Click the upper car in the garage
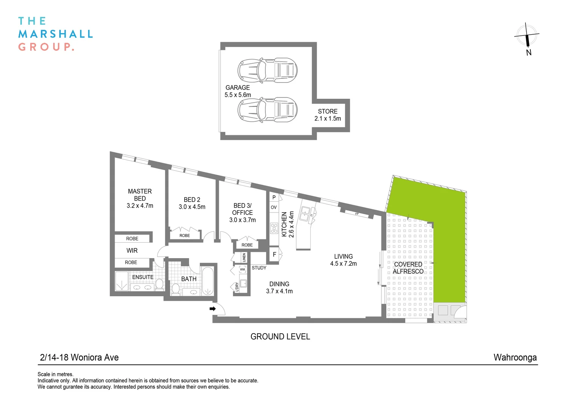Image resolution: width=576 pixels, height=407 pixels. pyautogui.click(x=267, y=70)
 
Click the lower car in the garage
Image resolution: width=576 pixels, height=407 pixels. pyautogui.click(x=267, y=110)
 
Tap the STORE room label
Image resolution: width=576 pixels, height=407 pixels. pyautogui.click(x=328, y=112)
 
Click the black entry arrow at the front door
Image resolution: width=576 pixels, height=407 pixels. pyautogui.click(x=213, y=309)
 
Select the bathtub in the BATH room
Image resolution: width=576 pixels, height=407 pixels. pyautogui.click(x=208, y=281)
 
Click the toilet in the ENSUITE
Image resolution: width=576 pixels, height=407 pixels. pyautogui.click(x=159, y=285)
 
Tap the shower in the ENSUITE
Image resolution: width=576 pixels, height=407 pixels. pyautogui.click(x=122, y=281)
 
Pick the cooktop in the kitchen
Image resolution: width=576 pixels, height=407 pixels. pyautogui.click(x=274, y=228)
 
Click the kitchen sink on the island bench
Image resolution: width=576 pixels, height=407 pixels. pyautogui.click(x=305, y=214)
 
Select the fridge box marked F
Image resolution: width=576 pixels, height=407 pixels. pyautogui.click(x=274, y=255)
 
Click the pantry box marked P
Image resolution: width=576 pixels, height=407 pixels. pyautogui.click(x=274, y=197)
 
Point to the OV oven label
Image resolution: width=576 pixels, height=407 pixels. pyautogui.click(x=274, y=207)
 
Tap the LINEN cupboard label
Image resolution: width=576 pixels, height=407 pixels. pyautogui.click(x=244, y=258)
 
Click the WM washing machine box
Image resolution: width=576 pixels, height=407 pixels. pyautogui.click(x=242, y=269)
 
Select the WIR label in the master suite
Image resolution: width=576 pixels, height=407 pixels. pyautogui.click(x=132, y=251)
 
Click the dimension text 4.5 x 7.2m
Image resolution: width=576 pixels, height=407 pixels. pyautogui.click(x=343, y=264)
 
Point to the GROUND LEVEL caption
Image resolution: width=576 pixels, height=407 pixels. pyautogui.click(x=280, y=337)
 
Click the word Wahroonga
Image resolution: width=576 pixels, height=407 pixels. pyautogui.click(x=515, y=357)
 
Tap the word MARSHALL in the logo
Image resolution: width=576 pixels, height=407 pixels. pyautogui.click(x=55, y=34)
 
